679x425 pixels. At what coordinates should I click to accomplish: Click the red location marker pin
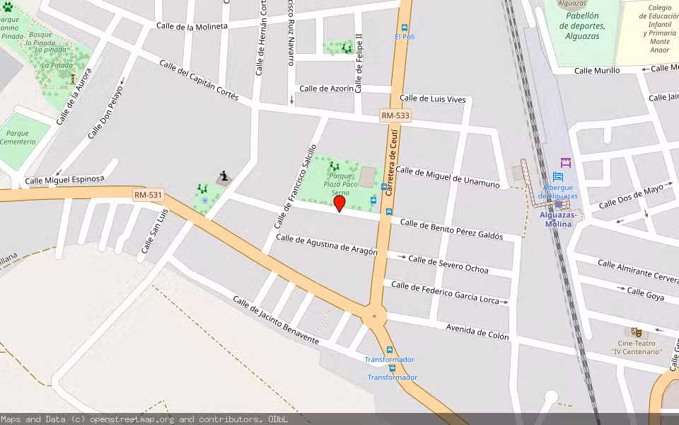(x=339, y=203)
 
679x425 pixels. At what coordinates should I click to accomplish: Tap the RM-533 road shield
(x=395, y=115)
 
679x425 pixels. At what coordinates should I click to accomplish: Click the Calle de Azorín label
(x=326, y=89)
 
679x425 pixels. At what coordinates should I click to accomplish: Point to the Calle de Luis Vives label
(x=433, y=99)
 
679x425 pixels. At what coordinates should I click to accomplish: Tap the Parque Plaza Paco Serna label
(x=340, y=184)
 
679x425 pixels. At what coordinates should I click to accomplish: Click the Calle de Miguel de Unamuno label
(x=447, y=177)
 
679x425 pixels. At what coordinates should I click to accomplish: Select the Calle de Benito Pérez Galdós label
(x=451, y=229)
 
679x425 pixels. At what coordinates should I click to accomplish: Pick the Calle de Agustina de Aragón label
(x=327, y=245)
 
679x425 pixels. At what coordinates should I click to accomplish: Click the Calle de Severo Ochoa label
(x=448, y=264)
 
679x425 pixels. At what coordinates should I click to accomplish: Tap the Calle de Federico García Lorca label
(x=445, y=291)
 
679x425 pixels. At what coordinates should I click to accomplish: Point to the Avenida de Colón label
(x=477, y=331)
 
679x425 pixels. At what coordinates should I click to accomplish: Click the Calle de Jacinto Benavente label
(x=276, y=320)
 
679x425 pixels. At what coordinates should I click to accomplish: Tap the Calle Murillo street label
(x=597, y=70)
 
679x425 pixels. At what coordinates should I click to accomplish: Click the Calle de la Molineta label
(x=192, y=26)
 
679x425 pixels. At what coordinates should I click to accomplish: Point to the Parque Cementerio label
(x=18, y=137)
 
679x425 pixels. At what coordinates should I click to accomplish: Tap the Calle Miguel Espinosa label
(x=65, y=180)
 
